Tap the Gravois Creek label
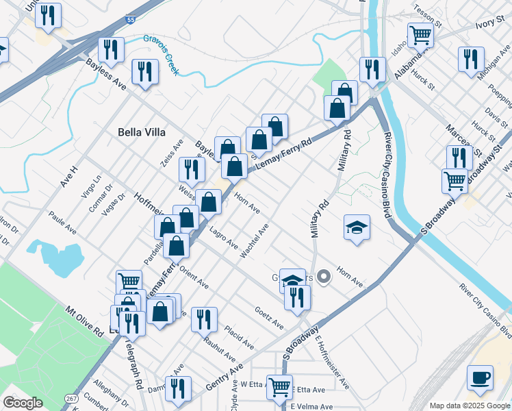point(161,45)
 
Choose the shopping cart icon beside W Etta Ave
point(279,387)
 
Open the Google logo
point(23,403)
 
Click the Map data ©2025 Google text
point(469,406)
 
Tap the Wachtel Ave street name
point(255,240)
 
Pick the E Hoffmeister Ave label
point(333,362)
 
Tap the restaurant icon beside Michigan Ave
point(471,59)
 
